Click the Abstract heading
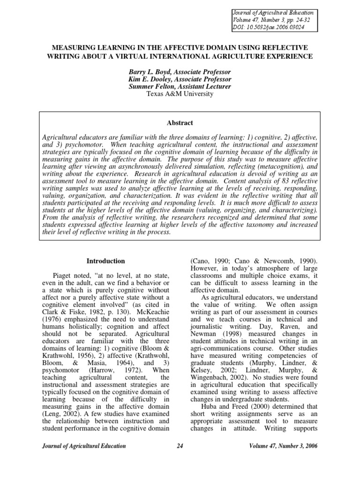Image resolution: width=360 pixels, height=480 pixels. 180,123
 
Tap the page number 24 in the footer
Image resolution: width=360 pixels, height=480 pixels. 180,446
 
